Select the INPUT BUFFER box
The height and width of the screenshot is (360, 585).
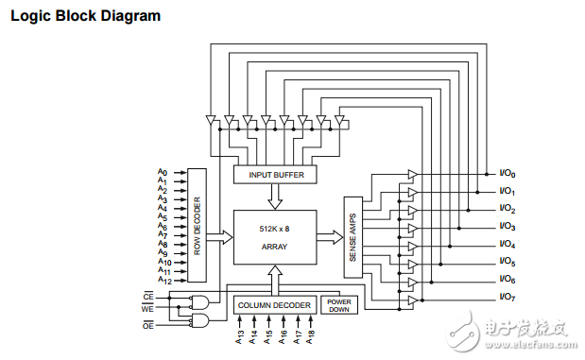click(x=275, y=175)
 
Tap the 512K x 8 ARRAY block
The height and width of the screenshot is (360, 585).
click(x=274, y=238)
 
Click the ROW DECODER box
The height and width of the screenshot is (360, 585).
click(x=197, y=225)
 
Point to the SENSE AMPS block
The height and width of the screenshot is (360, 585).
click(x=353, y=237)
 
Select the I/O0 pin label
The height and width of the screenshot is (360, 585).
click(x=508, y=174)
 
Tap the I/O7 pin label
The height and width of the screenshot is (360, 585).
click(x=508, y=298)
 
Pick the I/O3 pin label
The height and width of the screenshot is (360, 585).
click(x=508, y=227)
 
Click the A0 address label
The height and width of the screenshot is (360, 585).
click(x=163, y=173)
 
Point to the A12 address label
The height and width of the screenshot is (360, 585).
click(x=163, y=281)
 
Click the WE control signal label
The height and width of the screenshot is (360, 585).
click(x=147, y=307)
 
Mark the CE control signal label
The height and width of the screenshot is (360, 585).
click(x=147, y=296)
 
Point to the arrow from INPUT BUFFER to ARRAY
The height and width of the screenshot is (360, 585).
click(x=275, y=197)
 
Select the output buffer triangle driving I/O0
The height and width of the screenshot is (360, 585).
click(x=412, y=174)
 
